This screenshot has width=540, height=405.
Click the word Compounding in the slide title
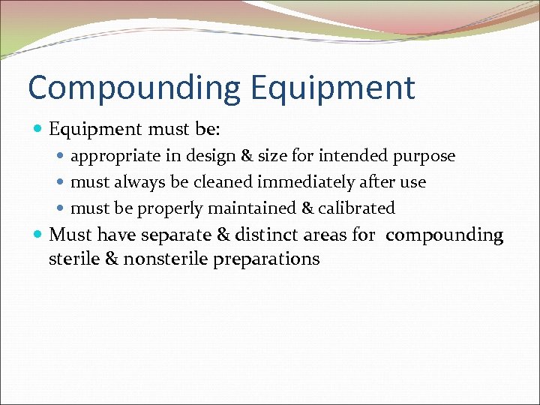[133, 88]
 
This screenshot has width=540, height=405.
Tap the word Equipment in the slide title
[332, 88]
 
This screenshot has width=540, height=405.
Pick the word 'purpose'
[426, 156]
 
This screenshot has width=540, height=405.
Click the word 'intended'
[352, 156]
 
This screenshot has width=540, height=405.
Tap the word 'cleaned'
[223, 181]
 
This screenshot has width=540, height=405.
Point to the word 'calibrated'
[356, 208]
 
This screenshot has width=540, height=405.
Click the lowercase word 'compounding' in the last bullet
[445, 235]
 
